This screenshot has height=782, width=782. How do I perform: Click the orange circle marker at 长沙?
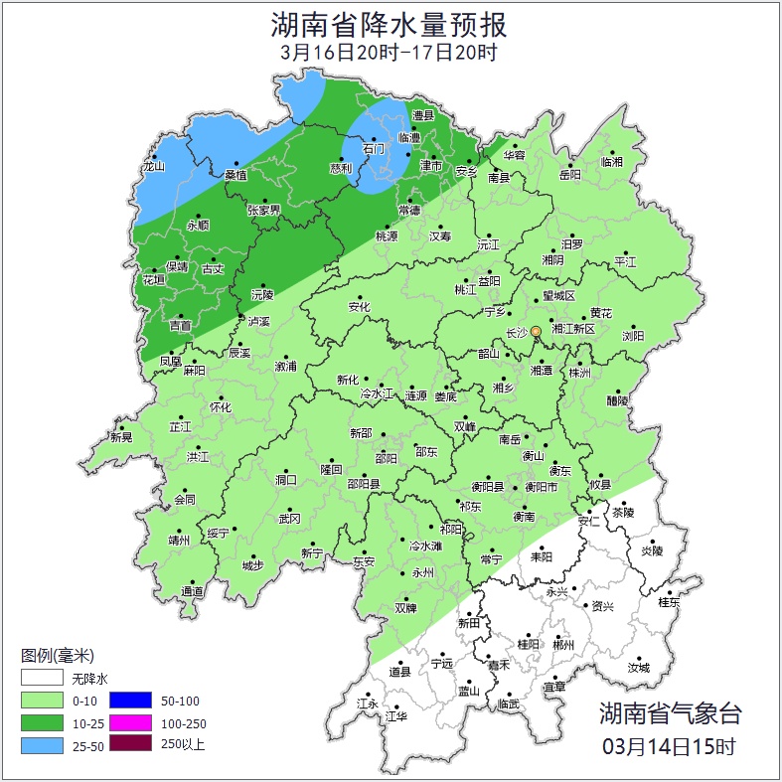[x=536, y=331]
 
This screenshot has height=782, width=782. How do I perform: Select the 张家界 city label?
[x=264, y=210]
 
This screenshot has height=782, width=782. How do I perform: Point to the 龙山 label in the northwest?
[x=152, y=167]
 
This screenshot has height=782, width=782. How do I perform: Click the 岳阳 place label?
[x=569, y=175]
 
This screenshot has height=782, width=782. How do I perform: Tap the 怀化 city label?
[x=220, y=407]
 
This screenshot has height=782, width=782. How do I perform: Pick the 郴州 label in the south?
[x=563, y=645]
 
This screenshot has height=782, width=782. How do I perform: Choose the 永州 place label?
[x=422, y=573]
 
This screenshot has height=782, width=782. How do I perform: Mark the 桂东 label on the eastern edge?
[x=669, y=602]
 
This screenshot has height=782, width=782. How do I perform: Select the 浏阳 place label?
[x=633, y=336]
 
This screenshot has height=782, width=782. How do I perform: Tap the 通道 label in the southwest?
[x=192, y=592]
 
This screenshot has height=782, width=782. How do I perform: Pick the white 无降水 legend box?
[x=44, y=679]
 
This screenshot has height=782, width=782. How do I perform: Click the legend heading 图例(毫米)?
[x=58, y=656]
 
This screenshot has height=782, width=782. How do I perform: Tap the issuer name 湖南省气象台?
[x=669, y=712]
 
